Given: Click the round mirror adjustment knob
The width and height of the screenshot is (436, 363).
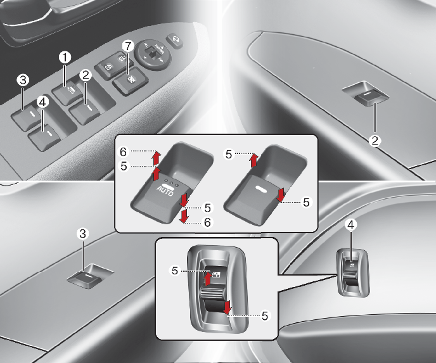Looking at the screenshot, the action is tap(153, 54).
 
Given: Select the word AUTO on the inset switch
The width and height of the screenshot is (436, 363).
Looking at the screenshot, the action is tap(165, 191).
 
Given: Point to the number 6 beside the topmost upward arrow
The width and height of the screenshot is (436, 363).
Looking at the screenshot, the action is tap(123, 152).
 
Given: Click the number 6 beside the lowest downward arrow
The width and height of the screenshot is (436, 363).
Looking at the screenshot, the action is tap(207, 222).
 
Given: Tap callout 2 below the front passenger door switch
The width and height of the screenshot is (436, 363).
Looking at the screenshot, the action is tap(375, 141).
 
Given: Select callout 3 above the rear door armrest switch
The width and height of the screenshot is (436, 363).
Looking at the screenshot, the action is tap(82, 234).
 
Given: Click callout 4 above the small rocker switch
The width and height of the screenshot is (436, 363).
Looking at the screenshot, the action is tap(350, 225).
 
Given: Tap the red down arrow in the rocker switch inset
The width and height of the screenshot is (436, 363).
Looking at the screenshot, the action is tap(228, 307).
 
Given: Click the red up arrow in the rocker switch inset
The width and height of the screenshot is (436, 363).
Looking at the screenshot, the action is tap(208, 278).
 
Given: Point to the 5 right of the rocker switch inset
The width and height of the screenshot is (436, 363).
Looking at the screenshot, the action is tap(265, 316).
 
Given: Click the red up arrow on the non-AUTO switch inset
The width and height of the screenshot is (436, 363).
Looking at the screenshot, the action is tap(253, 160).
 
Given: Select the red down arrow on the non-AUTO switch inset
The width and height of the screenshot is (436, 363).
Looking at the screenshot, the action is tap(281, 194).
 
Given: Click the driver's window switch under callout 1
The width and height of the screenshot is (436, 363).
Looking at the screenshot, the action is tap(68, 94).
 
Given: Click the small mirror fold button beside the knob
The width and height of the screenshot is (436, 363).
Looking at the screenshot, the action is tap(174, 41).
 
